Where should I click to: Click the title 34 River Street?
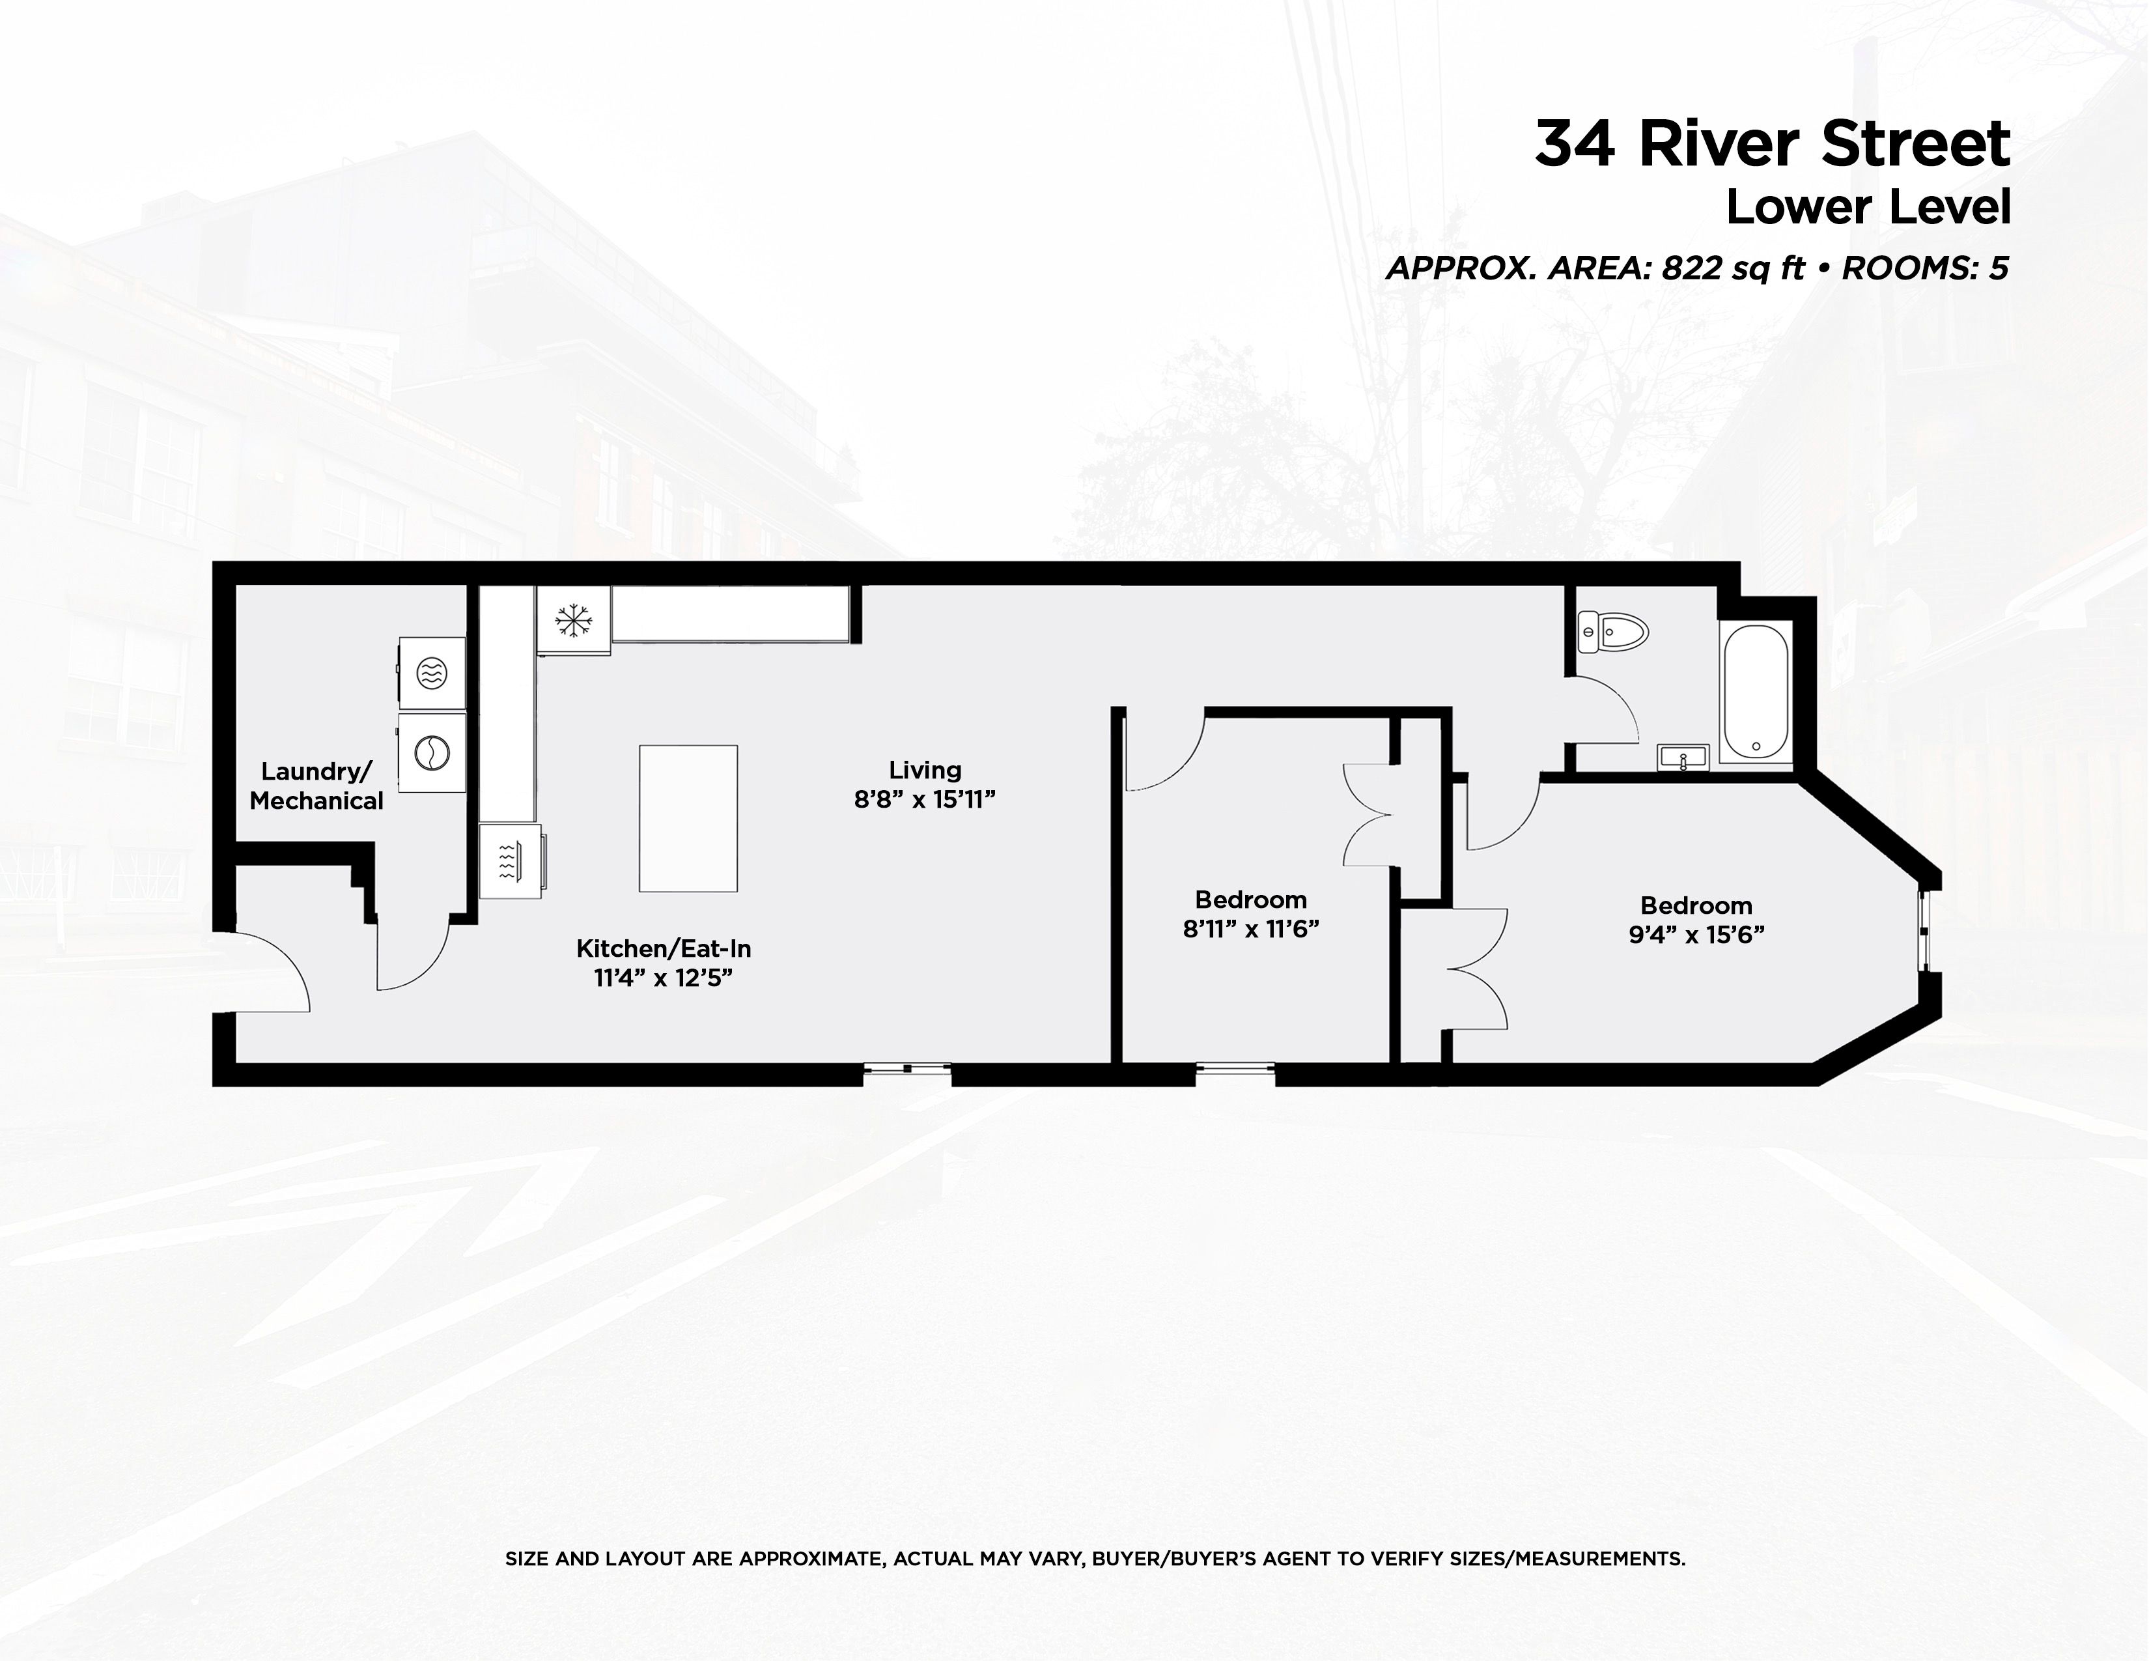(x=1771, y=145)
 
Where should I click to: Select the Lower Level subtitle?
(x=1868, y=208)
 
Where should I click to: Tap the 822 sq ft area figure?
(x=1733, y=268)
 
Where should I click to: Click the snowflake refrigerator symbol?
(x=572, y=620)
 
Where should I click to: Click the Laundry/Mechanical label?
(x=316, y=786)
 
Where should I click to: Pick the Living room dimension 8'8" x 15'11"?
(x=924, y=799)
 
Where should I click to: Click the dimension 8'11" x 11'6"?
(x=1250, y=929)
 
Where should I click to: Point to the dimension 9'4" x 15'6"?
(x=1695, y=935)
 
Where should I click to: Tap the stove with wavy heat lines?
(x=511, y=862)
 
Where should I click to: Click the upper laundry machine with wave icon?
(x=432, y=672)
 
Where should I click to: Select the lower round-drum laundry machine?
(x=432, y=753)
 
